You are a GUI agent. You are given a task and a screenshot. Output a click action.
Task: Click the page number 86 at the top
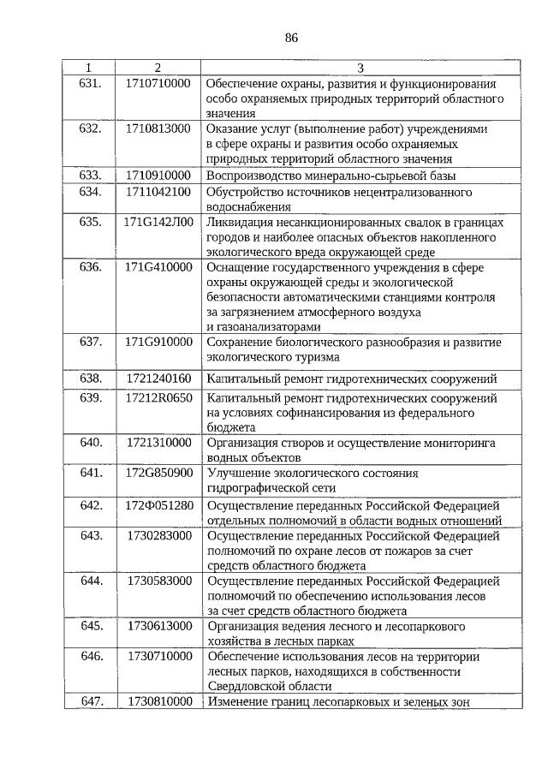click(x=290, y=38)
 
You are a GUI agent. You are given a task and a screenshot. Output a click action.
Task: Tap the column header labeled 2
click(x=157, y=68)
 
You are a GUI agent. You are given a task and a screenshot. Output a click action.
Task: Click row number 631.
click(x=90, y=84)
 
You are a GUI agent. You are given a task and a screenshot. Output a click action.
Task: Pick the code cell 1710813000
click(x=158, y=128)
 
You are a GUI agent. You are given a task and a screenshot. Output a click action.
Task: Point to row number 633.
click(x=90, y=175)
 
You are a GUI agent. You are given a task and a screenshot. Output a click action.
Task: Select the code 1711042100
click(x=158, y=191)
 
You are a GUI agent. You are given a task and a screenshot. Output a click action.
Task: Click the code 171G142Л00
click(x=158, y=222)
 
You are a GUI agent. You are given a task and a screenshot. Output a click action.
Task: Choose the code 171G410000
click(x=158, y=267)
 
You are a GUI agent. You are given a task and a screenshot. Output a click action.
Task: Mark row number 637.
click(x=90, y=343)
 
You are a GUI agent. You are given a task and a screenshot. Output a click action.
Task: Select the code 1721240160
click(x=158, y=378)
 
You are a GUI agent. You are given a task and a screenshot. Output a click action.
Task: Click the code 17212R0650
click(x=158, y=398)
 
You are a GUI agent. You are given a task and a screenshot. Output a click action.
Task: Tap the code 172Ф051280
click(x=158, y=504)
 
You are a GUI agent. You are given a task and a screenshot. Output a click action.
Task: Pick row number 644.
click(x=90, y=581)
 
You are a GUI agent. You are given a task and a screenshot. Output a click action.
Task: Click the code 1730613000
click(x=158, y=626)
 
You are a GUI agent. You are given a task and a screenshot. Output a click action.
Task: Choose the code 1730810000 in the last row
click(x=158, y=702)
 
